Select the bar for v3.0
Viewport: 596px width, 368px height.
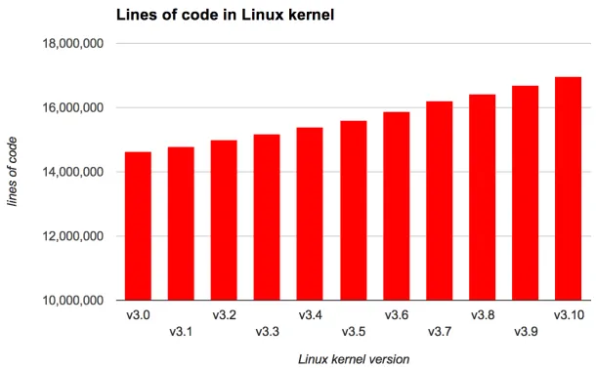[138, 226]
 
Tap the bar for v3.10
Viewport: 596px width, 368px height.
[568, 188]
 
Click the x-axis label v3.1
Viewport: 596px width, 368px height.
[181, 332]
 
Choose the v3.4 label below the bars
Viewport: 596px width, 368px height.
[310, 315]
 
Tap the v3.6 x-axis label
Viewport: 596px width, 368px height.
[396, 315]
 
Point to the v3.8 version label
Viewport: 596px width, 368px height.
[482, 315]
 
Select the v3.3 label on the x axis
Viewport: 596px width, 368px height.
[267, 332]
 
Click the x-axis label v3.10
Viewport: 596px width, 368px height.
[568, 315]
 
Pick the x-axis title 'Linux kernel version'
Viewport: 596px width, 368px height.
[354, 358]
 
